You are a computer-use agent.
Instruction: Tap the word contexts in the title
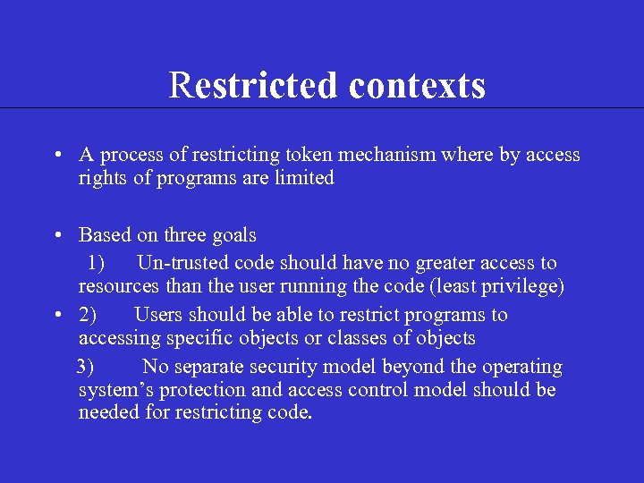(418, 86)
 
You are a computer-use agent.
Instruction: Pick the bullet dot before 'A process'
(56, 156)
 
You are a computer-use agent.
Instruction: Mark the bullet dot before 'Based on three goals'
(56, 236)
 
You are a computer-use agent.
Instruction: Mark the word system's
(114, 390)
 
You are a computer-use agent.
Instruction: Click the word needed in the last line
(106, 413)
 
